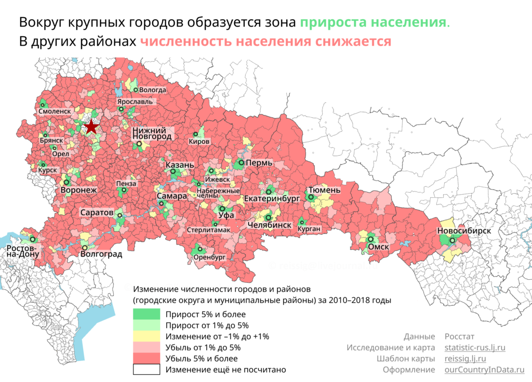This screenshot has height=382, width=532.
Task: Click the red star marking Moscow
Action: click(91, 126)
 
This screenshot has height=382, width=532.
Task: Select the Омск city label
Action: click(378, 247)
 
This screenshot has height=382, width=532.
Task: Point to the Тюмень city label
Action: click(324, 190)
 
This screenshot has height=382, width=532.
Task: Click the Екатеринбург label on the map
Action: click(272, 199)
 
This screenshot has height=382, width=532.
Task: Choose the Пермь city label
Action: click(259, 163)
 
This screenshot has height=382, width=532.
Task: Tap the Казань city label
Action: click(180, 165)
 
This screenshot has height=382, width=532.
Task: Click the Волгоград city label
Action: click(101, 254)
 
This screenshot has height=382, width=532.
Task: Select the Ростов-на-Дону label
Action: click(22, 251)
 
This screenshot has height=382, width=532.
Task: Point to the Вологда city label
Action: click(153, 90)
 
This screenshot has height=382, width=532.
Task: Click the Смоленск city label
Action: click(55, 111)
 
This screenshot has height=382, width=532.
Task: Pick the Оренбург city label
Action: click(209, 257)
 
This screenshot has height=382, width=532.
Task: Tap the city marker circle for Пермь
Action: click(241, 163)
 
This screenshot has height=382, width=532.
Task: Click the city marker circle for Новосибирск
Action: click(453, 240)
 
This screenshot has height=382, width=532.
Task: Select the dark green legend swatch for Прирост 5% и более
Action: click(147, 314)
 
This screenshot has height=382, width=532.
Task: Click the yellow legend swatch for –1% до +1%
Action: click(147, 337)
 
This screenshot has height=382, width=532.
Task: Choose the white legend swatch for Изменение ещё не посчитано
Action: click(147, 370)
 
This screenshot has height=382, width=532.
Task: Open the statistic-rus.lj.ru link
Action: click(475, 347)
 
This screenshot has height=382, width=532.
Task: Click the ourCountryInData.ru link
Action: click(484, 370)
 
